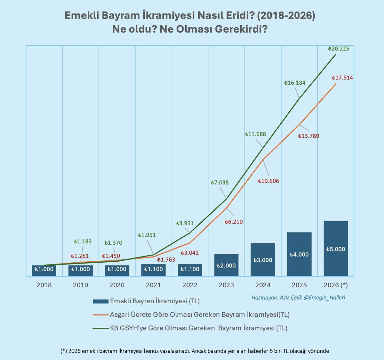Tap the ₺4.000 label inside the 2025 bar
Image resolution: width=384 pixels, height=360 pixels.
pyautogui.click(x=299, y=255)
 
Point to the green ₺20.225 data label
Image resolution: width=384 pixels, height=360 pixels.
pyautogui.click(x=339, y=49)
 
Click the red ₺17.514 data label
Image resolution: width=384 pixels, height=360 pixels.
pyautogui.click(x=342, y=78)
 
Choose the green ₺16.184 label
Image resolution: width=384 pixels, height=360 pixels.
pyautogui.click(x=295, y=83)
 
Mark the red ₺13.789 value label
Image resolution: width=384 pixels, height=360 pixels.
pyautogui.click(x=308, y=136)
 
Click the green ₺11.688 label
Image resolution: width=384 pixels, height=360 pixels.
pyautogui.click(x=255, y=135)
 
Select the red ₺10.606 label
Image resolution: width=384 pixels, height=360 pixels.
pyautogui.click(x=268, y=181)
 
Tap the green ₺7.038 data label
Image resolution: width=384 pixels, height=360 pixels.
pyautogui.click(x=220, y=183)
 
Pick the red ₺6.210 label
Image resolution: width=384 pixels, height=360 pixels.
pyautogui.click(x=234, y=222)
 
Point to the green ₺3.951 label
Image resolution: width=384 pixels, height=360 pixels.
pyautogui.click(x=185, y=224)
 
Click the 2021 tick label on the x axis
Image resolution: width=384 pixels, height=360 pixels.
pyautogui.click(x=153, y=285)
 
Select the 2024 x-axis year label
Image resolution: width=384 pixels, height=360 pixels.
pyautogui.click(x=263, y=285)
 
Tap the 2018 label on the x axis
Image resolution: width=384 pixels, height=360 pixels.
pyautogui.click(x=44, y=285)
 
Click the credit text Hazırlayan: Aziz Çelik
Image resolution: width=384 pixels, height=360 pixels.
pyautogui.click(x=298, y=298)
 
